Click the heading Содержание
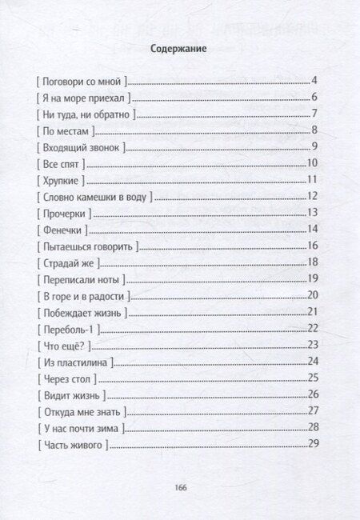[x=179, y=49]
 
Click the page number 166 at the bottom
[x=179, y=486]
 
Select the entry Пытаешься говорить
[x=87, y=246]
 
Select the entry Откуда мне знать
[x=81, y=410]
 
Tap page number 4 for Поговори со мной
[x=315, y=82]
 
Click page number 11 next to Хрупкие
[x=313, y=180]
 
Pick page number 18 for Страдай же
[x=313, y=262]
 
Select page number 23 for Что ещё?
[x=313, y=345]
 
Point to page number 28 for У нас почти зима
[x=313, y=427]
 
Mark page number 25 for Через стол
[x=313, y=378]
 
